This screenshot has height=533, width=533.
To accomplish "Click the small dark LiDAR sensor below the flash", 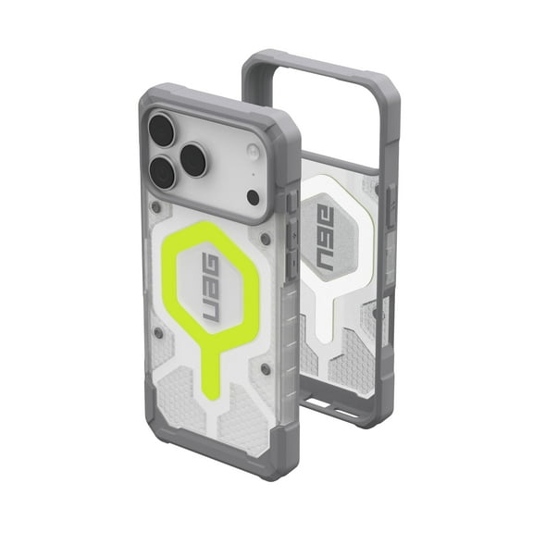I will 253,196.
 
